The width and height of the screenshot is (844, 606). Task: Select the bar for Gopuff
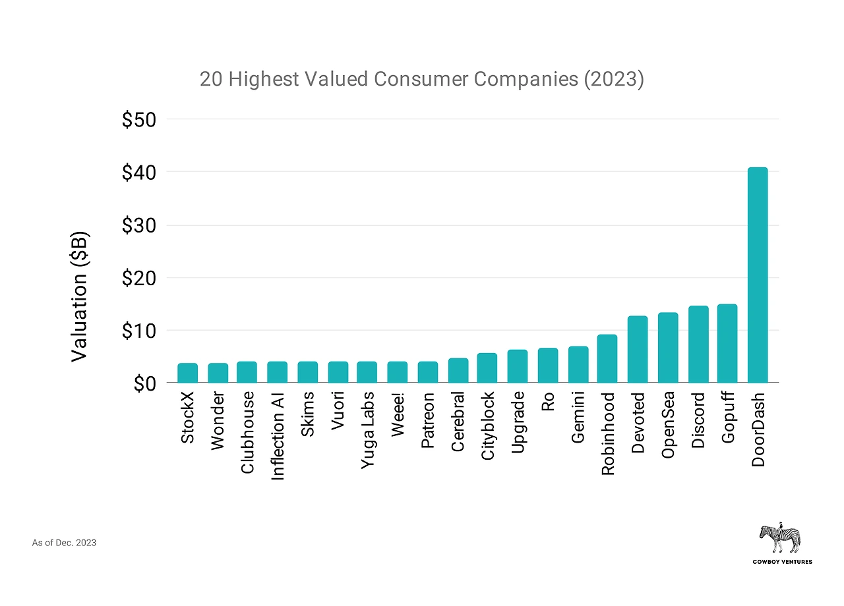click(x=727, y=343)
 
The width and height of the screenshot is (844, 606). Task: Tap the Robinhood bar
click(x=607, y=359)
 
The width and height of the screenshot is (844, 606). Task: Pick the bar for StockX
click(x=187, y=373)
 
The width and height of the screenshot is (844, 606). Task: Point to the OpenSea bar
click(x=668, y=347)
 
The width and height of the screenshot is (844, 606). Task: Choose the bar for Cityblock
click(x=487, y=368)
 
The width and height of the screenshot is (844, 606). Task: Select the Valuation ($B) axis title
click(x=79, y=296)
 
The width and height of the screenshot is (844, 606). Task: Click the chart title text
click(x=421, y=80)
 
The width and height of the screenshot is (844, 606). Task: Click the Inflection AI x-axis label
click(x=278, y=437)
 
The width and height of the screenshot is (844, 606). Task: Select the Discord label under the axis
click(x=698, y=421)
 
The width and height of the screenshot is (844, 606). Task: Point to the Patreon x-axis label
click(x=428, y=422)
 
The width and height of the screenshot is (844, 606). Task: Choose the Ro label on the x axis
click(x=547, y=402)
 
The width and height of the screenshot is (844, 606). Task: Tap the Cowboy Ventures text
click(x=783, y=562)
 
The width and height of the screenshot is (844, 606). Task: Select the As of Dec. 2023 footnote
click(x=64, y=543)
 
